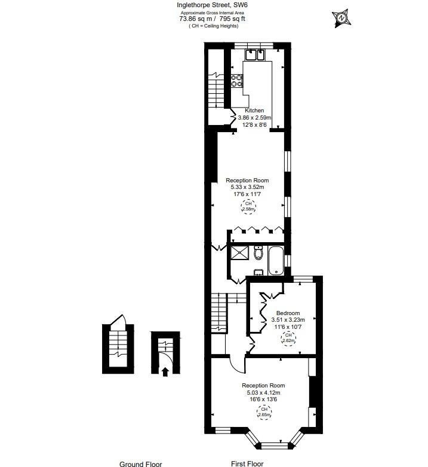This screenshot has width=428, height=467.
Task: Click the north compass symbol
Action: pyautogui.click(x=341, y=19)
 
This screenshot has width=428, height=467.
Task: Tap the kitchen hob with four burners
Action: pyautogui.click(x=237, y=81)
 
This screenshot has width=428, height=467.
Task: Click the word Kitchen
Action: pyautogui.click(x=254, y=111)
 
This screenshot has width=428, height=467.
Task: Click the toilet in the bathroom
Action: pyautogui.click(x=258, y=253)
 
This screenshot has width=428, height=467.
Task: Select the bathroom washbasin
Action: pyautogui.click(x=258, y=273)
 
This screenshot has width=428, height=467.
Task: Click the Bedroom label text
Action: pyautogui.click(x=287, y=313)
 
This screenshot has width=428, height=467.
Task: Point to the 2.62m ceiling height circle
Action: pyautogui.click(x=288, y=338)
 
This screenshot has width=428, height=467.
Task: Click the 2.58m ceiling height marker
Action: pyautogui.click(x=248, y=207)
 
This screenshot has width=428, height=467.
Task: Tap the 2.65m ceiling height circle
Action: pyautogui.click(x=263, y=413)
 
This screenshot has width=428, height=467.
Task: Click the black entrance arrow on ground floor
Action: pyautogui.click(x=165, y=371)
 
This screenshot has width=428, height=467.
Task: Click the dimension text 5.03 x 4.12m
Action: pyautogui.click(x=263, y=393)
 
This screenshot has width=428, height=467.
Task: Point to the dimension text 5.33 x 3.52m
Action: pyautogui.click(x=247, y=187)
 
